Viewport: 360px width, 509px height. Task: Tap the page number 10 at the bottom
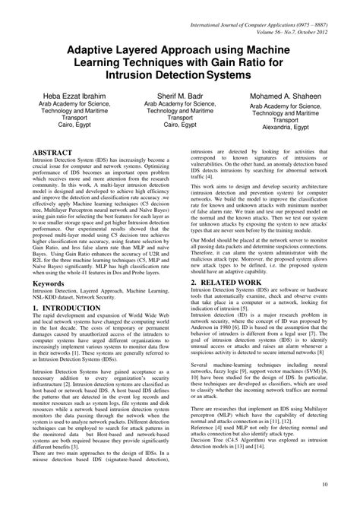click(x=324, y=483)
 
